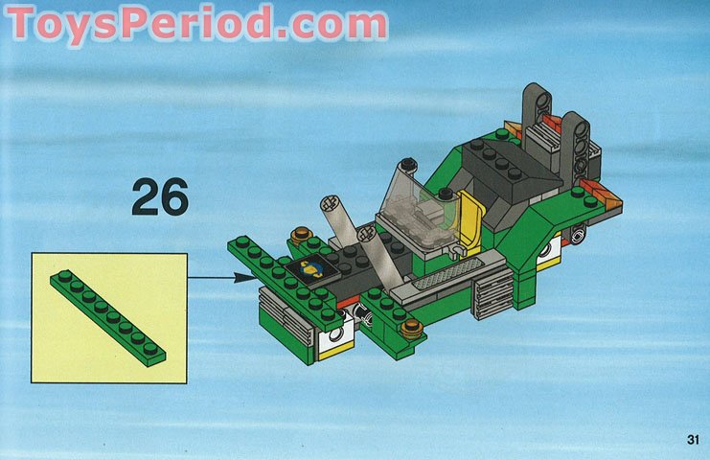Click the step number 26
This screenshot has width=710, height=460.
[160, 197]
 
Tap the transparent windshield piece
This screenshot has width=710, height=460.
[421, 205]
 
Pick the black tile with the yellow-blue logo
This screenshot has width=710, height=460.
[312, 269]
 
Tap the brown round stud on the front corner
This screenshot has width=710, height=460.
[413, 331]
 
